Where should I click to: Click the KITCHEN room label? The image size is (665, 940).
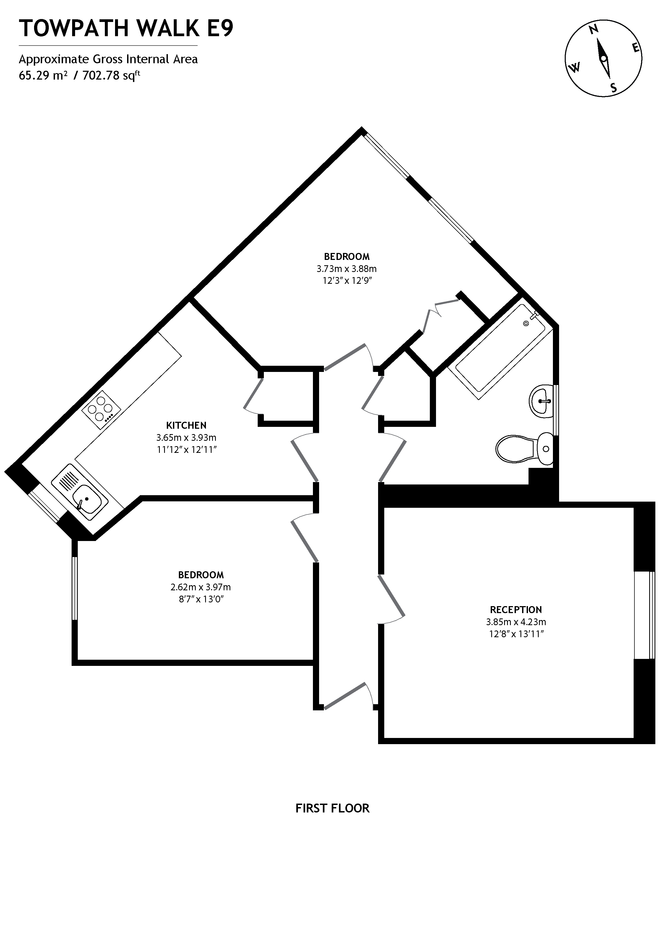(x=186, y=425)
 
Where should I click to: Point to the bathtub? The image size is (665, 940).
(x=500, y=353)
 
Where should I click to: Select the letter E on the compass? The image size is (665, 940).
(x=636, y=48)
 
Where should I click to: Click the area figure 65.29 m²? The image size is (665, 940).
(x=43, y=76)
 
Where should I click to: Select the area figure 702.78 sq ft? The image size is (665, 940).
(x=112, y=76)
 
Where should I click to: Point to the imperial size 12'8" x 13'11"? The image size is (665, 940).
(x=516, y=634)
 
